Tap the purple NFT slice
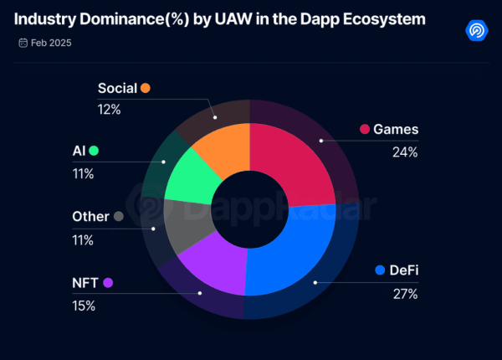point(209,264)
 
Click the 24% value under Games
point(405,152)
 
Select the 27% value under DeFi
point(405,293)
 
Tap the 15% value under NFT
point(85,306)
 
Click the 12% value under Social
point(110,109)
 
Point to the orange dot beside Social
point(146,88)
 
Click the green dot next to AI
point(94,151)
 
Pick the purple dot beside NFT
point(108,283)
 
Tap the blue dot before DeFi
point(380,270)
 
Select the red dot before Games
point(365,129)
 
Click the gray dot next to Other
point(118,217)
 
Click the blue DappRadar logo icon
point(477,30)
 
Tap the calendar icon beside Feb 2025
point(22,41)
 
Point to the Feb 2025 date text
point(52,41)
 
